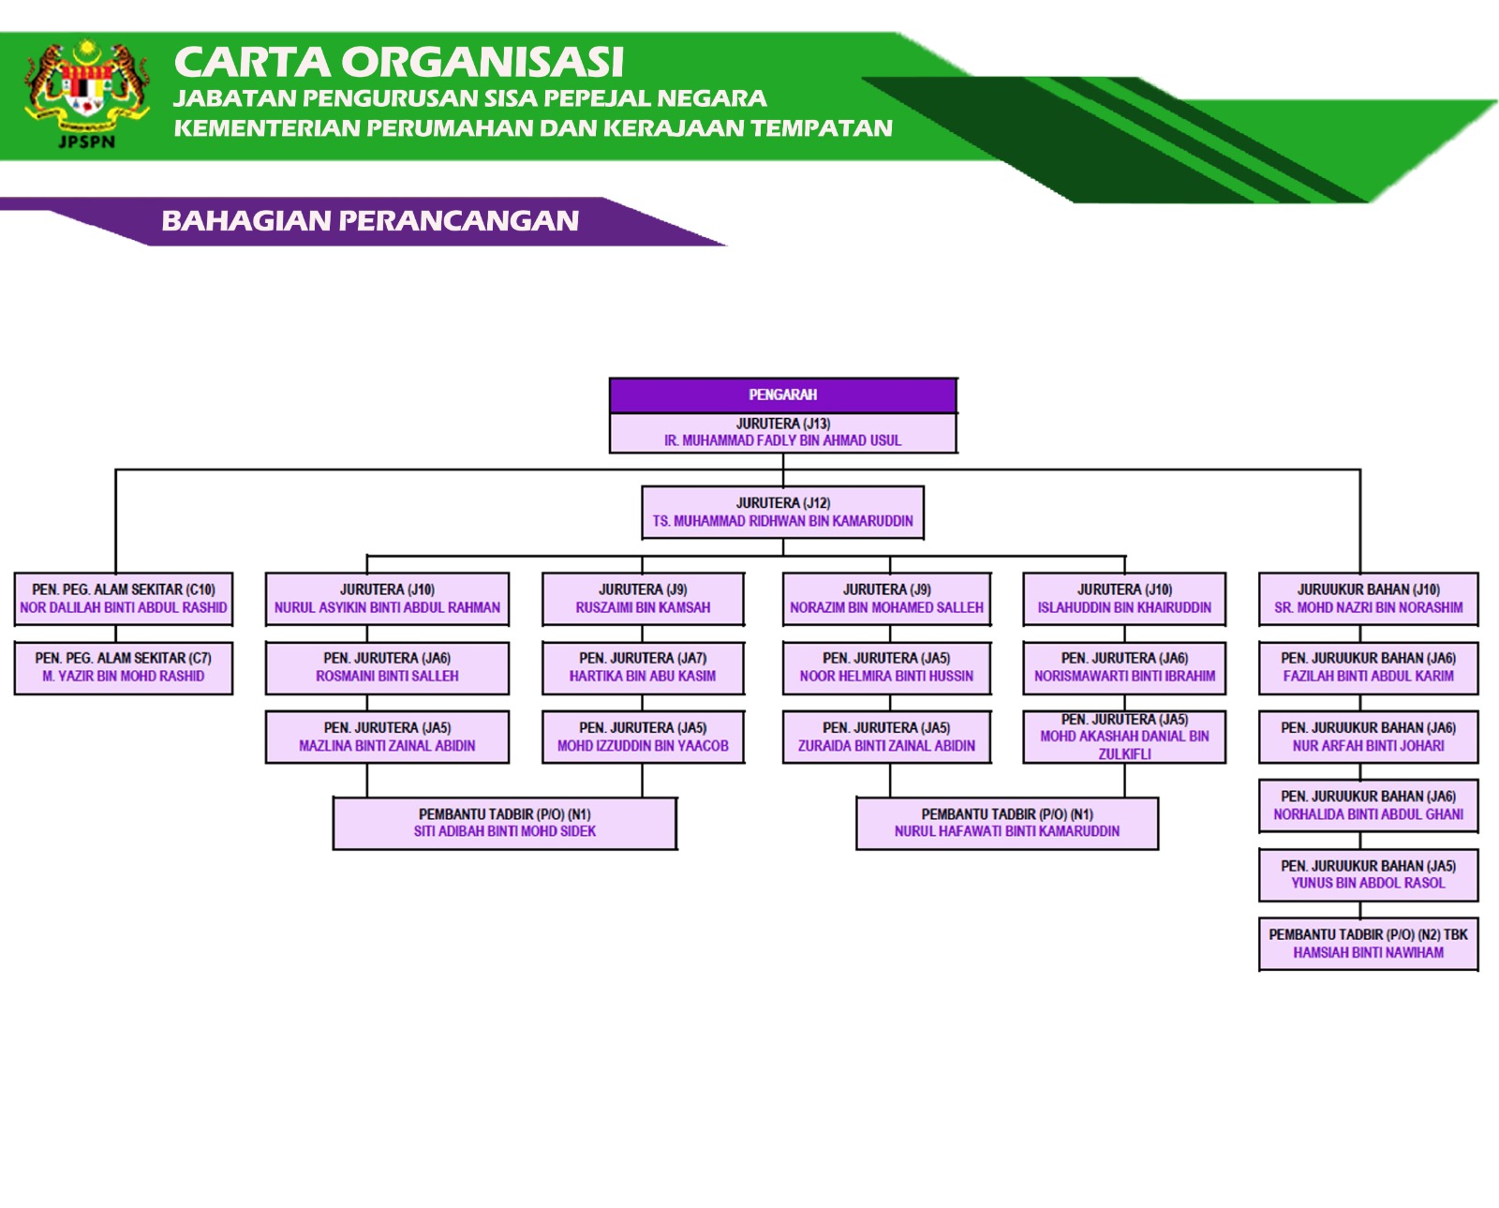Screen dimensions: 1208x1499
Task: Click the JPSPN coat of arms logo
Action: click(86, 92)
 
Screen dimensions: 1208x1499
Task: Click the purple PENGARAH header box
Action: click(782, 395)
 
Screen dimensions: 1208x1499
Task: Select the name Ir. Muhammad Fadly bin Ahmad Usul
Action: click(782, 440)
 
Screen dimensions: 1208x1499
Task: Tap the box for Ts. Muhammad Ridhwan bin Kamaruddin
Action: click(782, 512)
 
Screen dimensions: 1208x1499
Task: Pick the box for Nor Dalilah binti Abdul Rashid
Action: click(123, 599)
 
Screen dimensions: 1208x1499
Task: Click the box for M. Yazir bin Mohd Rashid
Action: click(123, 667)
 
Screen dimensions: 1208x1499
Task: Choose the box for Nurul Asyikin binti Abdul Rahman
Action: click(387, 599)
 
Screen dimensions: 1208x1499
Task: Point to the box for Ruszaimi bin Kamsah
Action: click(643, 599)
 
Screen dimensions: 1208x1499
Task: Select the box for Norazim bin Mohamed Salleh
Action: click(886, 599)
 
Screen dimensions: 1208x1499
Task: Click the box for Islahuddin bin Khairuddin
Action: click(1124, 599)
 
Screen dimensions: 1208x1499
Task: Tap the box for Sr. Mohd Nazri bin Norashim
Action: click(1368, 599)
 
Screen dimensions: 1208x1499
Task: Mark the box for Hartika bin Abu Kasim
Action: click(643, 667)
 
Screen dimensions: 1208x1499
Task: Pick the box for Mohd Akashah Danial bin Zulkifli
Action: click(1124, 737)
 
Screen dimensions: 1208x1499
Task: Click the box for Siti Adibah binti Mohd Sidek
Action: click(504, 823)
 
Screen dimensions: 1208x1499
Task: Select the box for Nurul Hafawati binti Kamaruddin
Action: click(1007, 823)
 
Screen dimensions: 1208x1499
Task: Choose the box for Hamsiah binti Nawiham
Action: click(1368, 944)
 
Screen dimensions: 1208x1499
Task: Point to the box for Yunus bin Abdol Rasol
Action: click(1368, 874)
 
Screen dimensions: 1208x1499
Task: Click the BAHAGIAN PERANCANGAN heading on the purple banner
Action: click(370, 221)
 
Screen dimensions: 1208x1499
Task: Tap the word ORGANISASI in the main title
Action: click(482, 63)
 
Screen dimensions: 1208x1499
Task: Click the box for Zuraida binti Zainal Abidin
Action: click(886, 737)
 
